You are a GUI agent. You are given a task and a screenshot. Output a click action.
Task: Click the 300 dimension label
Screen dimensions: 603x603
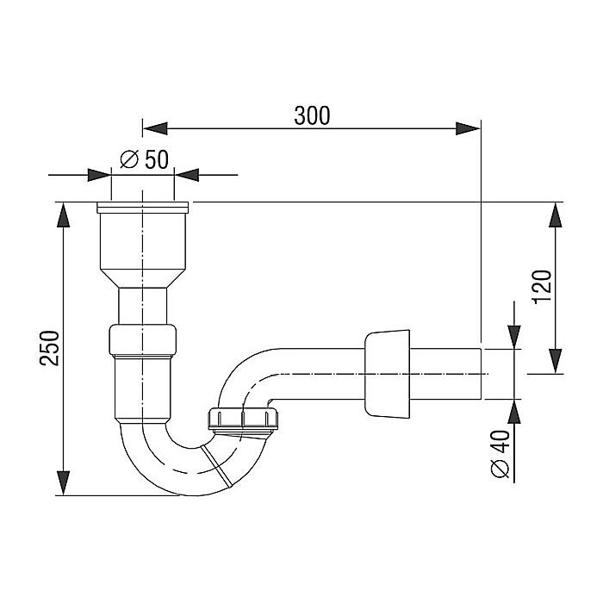312,115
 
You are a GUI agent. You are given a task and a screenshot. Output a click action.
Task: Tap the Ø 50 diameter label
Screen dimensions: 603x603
144,159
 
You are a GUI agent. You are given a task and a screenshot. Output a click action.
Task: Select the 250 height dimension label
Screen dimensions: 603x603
50,348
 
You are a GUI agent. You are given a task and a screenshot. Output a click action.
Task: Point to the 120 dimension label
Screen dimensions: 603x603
543,287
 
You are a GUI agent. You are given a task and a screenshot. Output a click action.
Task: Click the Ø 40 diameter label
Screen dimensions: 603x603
500,454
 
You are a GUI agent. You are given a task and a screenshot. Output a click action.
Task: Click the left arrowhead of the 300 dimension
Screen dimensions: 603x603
155,128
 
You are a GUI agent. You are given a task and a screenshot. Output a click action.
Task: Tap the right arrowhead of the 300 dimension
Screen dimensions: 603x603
468,128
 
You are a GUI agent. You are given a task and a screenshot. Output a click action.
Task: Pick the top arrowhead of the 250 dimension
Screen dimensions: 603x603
64,215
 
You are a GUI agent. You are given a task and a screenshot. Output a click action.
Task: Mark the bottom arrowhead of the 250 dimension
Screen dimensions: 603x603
64,482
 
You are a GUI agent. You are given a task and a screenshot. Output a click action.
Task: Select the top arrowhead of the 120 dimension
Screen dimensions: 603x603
556,215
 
